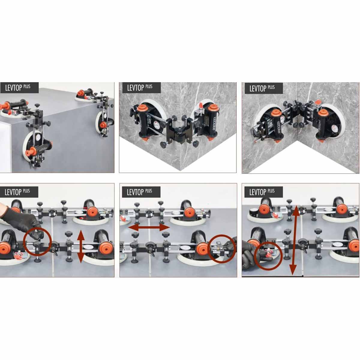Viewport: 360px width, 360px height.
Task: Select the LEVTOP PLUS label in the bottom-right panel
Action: pyautogui.click(x=262, y=191)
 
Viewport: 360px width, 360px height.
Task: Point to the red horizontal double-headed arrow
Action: pyautogui.click(x=149, y=227)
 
